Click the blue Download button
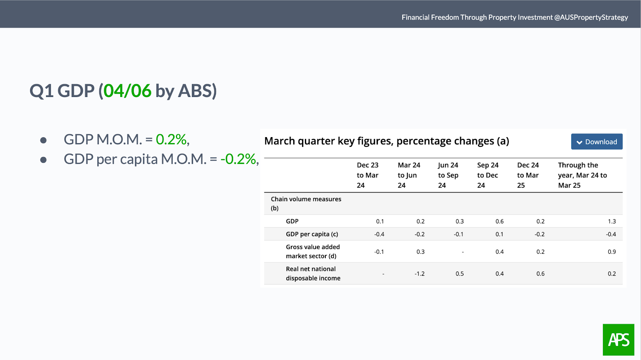[597, 142]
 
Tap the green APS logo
[619, 340]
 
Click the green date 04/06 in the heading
[127, 91]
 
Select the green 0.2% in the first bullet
[171, 140]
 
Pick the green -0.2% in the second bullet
[238, 159]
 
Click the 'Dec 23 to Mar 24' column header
[367, 175]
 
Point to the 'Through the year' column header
[583, 175]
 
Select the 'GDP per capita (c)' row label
[312, 234]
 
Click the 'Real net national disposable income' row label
[313, 273]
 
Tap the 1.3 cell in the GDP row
[612, 221]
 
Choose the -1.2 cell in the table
[419, 274]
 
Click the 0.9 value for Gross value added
[612, 252]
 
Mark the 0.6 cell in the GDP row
[499, 221]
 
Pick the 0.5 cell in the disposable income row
[460, 274]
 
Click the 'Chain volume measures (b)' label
[306, 203]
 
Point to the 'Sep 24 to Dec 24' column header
[488, 175]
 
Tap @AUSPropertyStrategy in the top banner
[591, 18]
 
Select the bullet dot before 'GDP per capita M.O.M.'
[44, 160]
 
